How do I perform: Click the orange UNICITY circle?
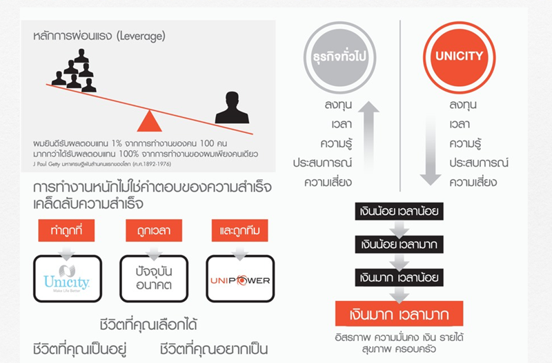coord(459,57)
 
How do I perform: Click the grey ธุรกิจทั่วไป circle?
coord(339,57)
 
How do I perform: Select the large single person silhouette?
coord(232,107)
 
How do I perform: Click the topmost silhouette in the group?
coord(81,56)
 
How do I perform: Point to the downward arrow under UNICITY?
coord(430,150)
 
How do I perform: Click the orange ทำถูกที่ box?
coord(66,231)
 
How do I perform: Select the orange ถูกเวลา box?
coord(154,231)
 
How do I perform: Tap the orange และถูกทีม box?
coord(239,231)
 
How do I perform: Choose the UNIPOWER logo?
coord(240,280)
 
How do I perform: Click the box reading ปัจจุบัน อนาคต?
coord(154,279)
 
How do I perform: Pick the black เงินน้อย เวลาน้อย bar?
coord(399,211)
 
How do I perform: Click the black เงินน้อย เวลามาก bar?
coord(399,245)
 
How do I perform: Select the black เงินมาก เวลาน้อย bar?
coord(399,278)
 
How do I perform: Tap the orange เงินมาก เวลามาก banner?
coord(399,313)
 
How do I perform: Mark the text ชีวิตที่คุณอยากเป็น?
coord(214,349)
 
